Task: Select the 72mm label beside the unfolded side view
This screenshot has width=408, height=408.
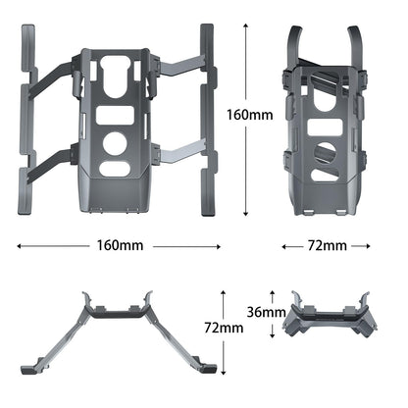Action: [x=226, y=327]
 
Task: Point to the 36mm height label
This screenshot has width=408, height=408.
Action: [x=268, y=312]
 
